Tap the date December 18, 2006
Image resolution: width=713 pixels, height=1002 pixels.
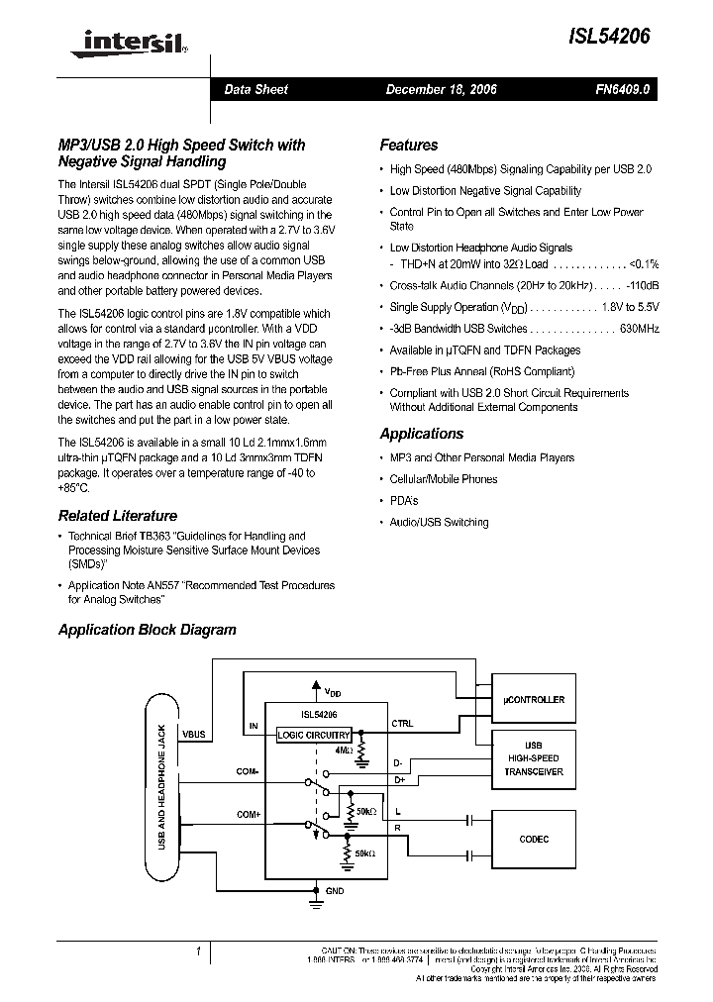[441, 89]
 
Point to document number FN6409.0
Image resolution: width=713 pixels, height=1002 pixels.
[622, 89]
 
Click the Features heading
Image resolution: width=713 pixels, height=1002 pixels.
[408, 146]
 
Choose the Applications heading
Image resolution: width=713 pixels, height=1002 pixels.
[421, 434]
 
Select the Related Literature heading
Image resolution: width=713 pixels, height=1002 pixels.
[117, 516]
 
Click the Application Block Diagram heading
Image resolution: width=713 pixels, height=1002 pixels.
[147, 630]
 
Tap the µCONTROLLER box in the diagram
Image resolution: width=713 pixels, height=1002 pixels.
[534, 699]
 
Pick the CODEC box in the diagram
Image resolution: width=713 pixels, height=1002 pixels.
[534, 840]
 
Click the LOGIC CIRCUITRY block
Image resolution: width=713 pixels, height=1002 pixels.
[313, 735]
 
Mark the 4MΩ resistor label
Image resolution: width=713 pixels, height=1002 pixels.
[344, 751]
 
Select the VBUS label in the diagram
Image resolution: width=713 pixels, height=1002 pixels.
[194, 735]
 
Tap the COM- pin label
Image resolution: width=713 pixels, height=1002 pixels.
[248, 770]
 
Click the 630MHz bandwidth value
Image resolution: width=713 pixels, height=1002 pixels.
[640, 329]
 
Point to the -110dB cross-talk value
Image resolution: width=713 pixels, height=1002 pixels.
[639, 285]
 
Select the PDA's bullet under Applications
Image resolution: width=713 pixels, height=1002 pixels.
[404, 500]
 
